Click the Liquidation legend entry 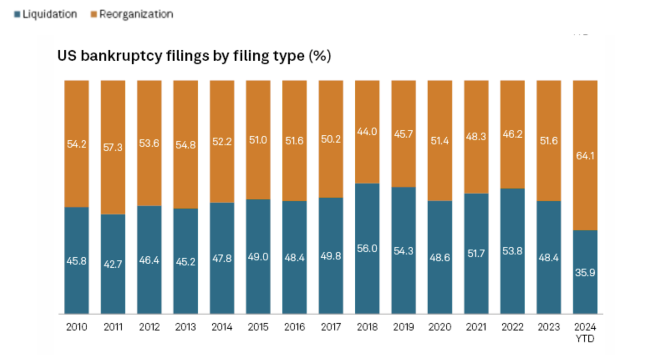point(46,14)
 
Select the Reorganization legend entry point(132,14)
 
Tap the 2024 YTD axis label point(585,332)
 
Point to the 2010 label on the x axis point(76,327)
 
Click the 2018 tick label point(367,327)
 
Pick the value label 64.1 point(585,156)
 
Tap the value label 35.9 point(585,273)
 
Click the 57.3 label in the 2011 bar point(113,148)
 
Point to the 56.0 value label point(367,248)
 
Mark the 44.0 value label point(367,131)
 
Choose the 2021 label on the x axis point(476,327)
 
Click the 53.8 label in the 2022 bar point(512,251)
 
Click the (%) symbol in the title point(320,57)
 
